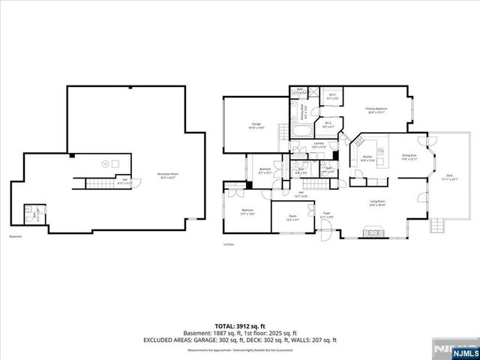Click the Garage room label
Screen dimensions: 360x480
point(256,126)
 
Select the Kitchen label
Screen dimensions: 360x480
point(368,158)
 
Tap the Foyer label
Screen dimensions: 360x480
point(328,215)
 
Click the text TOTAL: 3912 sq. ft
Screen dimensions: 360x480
point(239,324)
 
